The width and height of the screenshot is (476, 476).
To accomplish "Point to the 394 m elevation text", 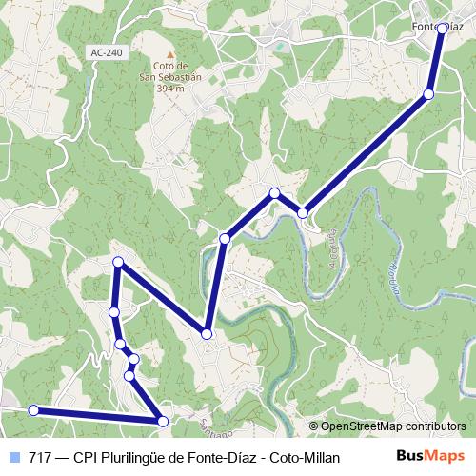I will point(171,88).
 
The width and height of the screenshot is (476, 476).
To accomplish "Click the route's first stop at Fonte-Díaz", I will point(443,29).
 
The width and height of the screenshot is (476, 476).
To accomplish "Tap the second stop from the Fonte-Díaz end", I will point(428,94).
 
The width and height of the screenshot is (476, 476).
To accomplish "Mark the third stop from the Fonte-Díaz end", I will point(303,212).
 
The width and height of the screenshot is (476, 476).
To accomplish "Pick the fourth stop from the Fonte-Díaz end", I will point(274,193).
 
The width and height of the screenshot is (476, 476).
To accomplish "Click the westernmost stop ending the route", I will point(33,410).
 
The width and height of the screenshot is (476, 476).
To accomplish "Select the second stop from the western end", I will point(162,421).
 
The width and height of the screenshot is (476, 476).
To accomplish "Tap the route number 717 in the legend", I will point(41,456).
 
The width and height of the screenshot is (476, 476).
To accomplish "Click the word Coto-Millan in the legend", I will point(306,456).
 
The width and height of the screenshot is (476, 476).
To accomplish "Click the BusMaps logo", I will point(429,455).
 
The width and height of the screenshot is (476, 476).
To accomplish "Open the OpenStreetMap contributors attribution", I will point(393,427).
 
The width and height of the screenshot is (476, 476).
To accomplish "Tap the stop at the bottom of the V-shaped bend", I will point(207,333).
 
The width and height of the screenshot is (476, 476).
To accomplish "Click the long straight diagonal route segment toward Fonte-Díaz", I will point(367,152).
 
